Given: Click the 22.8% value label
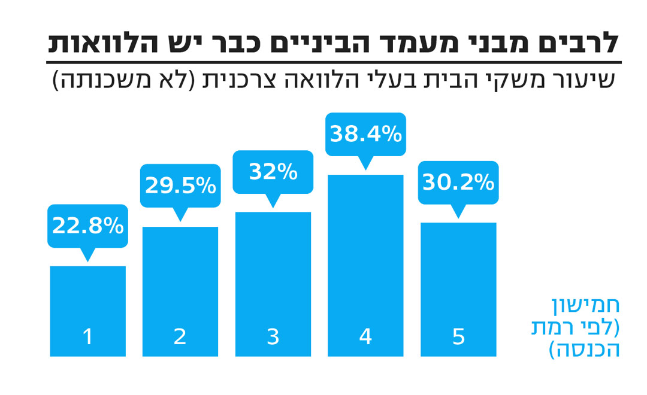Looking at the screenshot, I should tap(87, 226).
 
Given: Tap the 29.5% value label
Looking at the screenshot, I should tap(180, 186).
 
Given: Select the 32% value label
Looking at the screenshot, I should tap(273, 172).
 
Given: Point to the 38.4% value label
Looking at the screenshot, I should tap(365, 134).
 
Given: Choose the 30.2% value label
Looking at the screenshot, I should tap(458, 183).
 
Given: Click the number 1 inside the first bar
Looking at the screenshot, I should tap(88, 337).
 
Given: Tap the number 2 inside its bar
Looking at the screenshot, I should tap(180, 337).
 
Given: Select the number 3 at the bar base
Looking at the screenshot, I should tap(273, 337).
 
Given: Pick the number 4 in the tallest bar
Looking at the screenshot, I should tap(365, 337).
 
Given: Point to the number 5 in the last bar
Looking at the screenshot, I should tap(458, 337).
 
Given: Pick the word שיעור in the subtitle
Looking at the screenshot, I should tap(585, 80).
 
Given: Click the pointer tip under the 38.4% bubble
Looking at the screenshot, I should tap(365, 168).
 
